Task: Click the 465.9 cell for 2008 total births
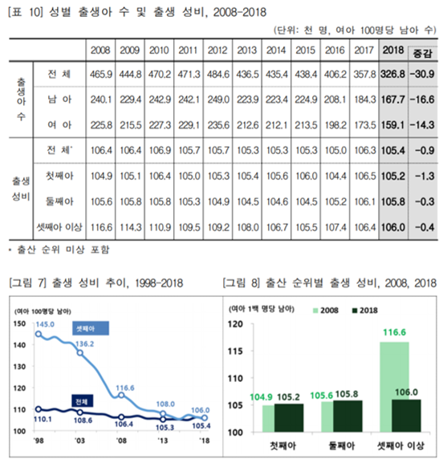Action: [101, 74]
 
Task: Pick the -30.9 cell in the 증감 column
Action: [421, 74]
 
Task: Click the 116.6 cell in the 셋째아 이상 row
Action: [101, 226]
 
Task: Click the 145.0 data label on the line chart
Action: [45, 324]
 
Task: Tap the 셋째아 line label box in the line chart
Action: [86, 329]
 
